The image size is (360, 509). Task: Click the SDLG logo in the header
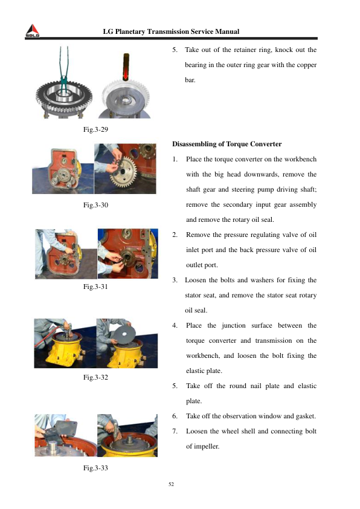[x=33, y=31]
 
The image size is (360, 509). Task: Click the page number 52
[x=172, y=484]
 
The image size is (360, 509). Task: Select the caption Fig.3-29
[x=95, y=129]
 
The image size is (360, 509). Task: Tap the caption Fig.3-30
[x=95, y=205]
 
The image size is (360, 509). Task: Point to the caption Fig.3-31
[x=95, y=287]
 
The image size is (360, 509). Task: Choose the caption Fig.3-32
[x=95, y=377]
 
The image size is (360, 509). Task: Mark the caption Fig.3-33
[x=95, y=468]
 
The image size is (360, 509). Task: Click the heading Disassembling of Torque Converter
[x=227, y=144]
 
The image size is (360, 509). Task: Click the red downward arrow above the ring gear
[x=126, y=66]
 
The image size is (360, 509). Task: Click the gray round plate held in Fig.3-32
[x=125, y=334]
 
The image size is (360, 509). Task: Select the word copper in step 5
[x=306, y=65]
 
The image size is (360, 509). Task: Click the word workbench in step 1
[x=300, y=160]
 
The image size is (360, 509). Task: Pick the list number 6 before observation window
[x=175, y=416]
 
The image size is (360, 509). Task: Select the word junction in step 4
[x=234, y=326]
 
